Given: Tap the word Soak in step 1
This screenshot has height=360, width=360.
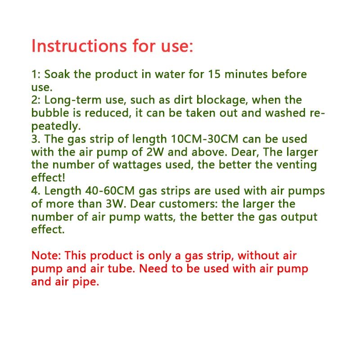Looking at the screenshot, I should tap(57, 74).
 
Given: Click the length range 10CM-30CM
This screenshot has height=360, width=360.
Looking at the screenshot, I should tap(208, 139).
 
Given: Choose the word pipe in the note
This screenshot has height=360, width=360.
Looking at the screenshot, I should tap(85, 282).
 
